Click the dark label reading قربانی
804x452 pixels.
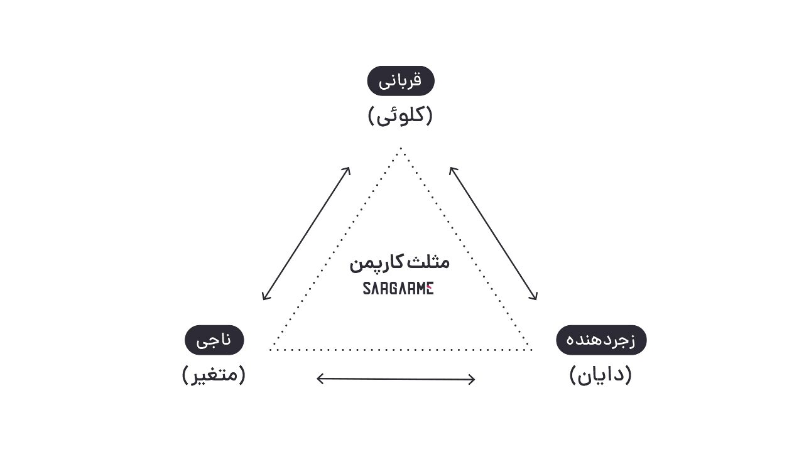pos(401,81)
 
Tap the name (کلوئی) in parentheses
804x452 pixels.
pos(400,116)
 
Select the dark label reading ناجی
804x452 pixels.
pos(214,340)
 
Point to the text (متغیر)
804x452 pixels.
pos(214,375)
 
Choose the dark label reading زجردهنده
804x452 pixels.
pos(601,340)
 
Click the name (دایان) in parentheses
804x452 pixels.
pos(600,375)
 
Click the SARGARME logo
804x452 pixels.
pos(398,289)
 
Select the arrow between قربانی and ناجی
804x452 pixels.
pos(306,233)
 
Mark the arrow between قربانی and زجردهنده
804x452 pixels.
pos(493,233)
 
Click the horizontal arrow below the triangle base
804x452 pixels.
pos(396,379)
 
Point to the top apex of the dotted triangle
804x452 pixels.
pos(400,149)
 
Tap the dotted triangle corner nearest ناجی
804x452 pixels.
pos(271,349)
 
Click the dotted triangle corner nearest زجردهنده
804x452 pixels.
pos(531,349)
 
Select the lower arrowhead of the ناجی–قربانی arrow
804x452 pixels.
pos(264,298)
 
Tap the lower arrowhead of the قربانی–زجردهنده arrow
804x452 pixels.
pos(535,298)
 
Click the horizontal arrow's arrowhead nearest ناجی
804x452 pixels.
pos(319,379)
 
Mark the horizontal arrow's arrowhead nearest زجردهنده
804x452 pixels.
pos(473,379)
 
